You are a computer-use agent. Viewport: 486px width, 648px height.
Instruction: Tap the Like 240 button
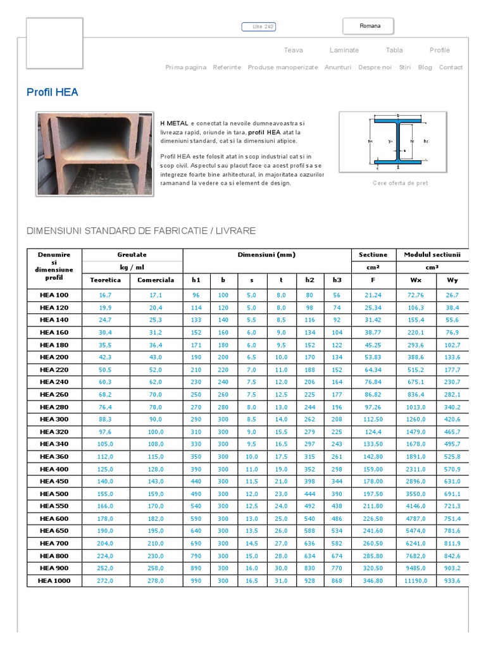259,27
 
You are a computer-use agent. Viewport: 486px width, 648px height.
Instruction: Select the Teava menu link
293,50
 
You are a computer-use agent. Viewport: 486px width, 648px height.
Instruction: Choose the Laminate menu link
344,50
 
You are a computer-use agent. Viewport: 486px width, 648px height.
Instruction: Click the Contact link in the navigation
451,67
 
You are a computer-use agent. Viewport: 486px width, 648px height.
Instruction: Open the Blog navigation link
425,67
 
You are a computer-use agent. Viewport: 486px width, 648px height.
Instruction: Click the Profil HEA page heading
53,92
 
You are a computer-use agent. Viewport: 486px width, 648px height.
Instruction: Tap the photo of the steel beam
94,154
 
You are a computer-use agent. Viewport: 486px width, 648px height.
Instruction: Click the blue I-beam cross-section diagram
393,142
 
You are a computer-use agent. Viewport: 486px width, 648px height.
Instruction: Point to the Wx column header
416,280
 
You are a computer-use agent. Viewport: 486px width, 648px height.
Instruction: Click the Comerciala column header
156,280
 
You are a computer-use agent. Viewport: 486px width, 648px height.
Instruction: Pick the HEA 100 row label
54,295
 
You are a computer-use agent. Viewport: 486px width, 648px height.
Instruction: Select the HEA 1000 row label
54,580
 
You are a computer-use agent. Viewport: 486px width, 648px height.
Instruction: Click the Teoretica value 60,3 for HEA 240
105,382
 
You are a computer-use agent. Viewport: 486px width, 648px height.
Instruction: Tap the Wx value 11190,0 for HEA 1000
416,580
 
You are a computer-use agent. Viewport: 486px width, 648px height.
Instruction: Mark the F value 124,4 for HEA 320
373,432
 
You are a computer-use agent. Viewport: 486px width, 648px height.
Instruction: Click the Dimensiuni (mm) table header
266,255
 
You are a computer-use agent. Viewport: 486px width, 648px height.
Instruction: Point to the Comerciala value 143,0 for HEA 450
156,481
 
